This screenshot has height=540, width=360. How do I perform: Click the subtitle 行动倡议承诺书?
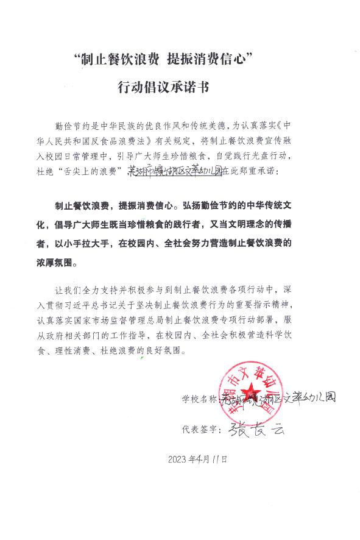click(163, 87)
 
